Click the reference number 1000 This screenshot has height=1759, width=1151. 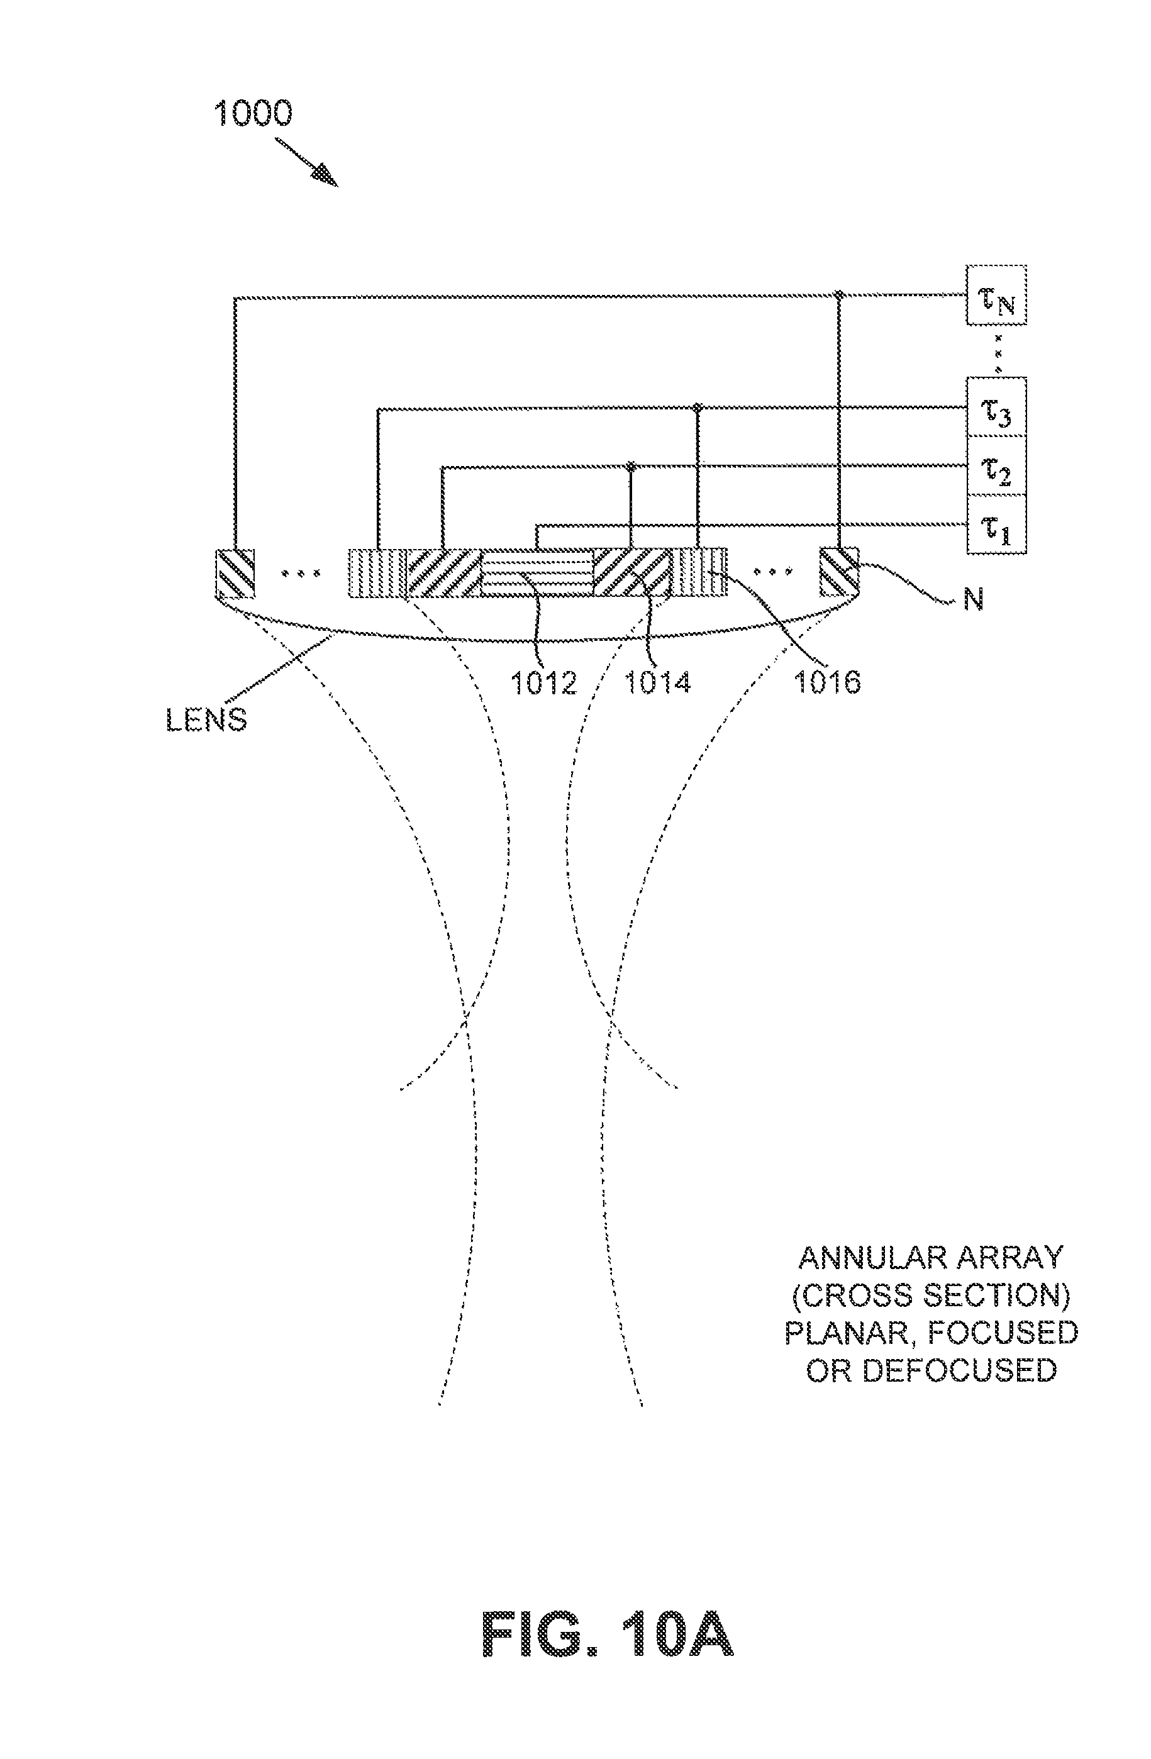point(253,114)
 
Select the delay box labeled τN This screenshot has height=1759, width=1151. point(996,295)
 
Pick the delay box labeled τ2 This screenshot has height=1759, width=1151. point(996,465)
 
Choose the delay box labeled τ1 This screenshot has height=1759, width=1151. point(996,524)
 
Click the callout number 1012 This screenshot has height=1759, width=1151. point(543,682)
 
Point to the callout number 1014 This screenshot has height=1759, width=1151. point(658,682)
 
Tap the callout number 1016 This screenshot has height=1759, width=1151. point(827,682)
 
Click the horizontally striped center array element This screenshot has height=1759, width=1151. point(537,573)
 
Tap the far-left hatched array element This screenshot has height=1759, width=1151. point(235,573)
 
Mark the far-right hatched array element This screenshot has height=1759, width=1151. point(839,573)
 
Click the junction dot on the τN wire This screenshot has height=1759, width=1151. point(839,295)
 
